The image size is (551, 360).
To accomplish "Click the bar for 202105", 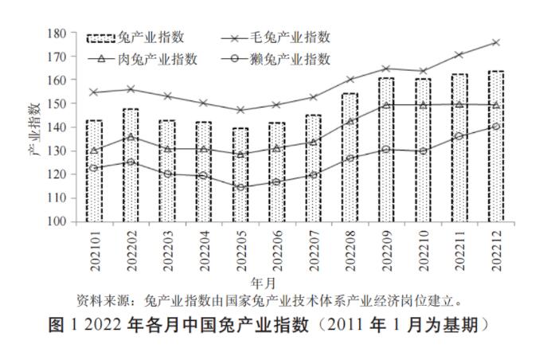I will [240, 175].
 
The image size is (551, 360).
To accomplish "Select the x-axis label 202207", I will [313, 248].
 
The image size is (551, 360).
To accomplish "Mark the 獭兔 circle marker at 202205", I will [240, 188].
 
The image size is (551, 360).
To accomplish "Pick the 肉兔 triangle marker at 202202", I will [131, 137].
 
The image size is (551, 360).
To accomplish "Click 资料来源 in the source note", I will [103, 301].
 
